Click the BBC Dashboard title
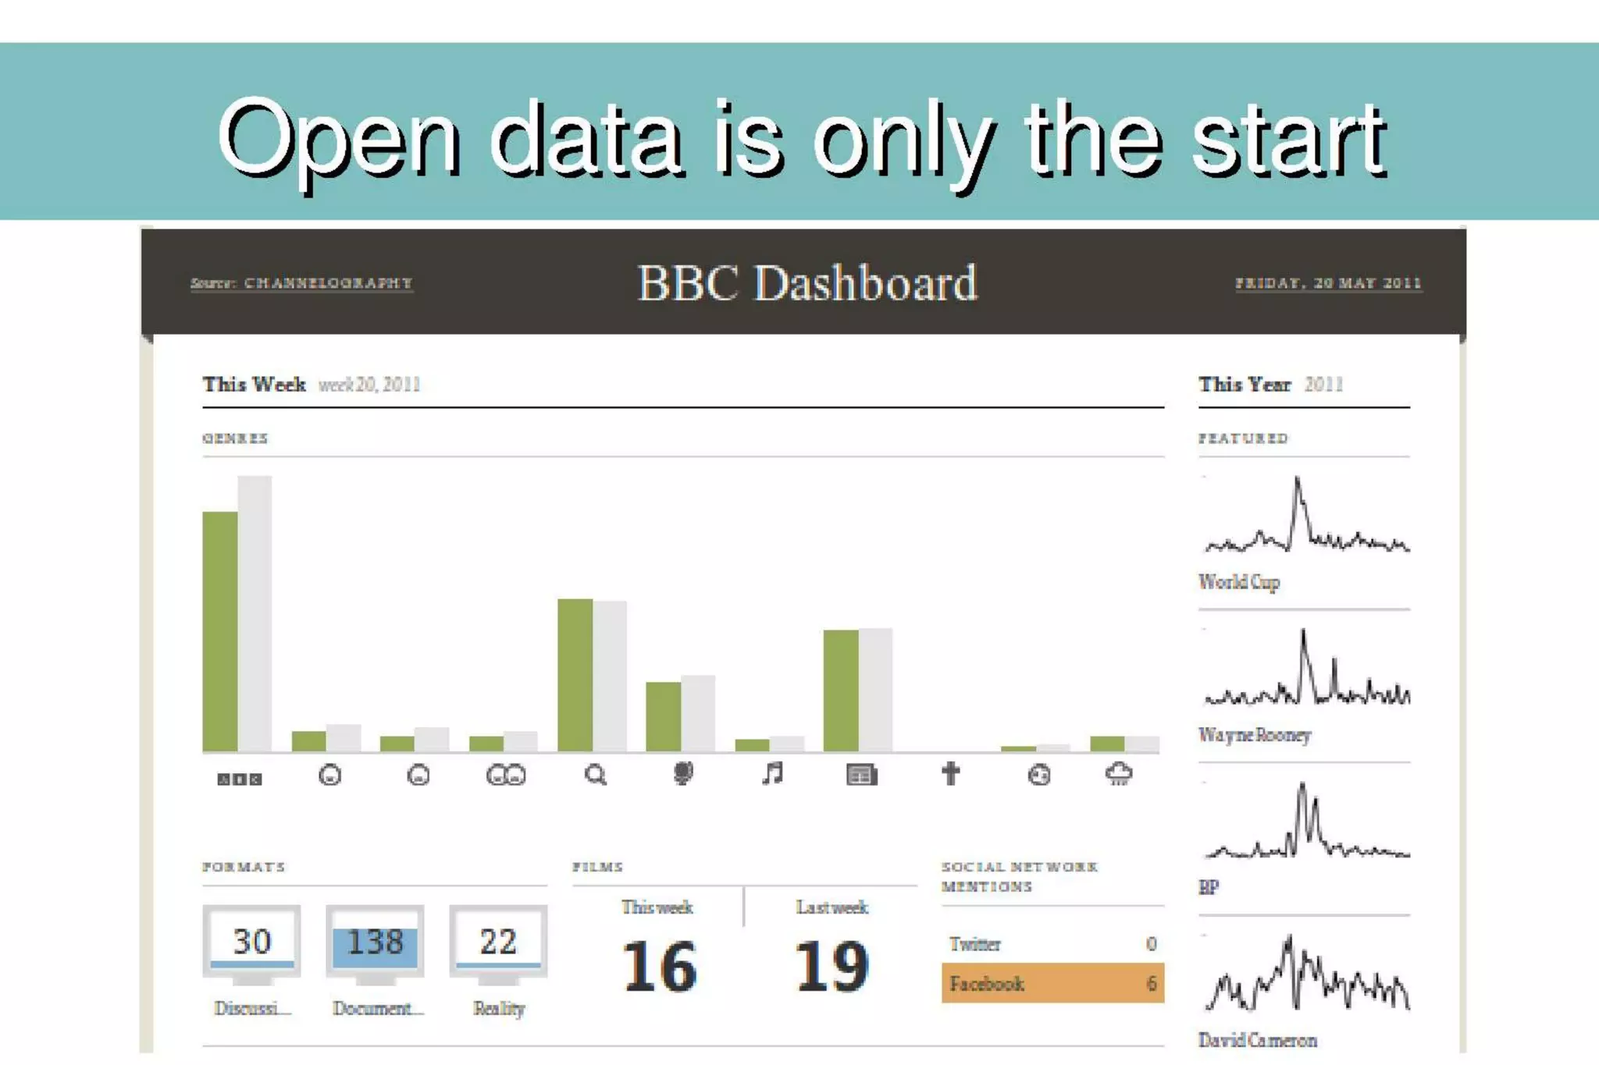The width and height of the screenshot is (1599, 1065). (807, 282)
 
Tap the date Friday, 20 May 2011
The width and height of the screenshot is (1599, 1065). (1327, 283)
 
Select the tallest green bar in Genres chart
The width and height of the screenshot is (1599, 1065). (219, 631)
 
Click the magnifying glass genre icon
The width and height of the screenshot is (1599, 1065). (595, 775)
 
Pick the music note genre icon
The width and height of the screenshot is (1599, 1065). (772, 774)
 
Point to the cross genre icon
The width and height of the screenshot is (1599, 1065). (950, 774)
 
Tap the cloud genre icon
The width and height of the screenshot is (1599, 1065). (1119, 774)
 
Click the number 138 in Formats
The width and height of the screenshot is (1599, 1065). (375, 943)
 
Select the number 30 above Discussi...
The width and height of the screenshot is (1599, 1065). (251, 942)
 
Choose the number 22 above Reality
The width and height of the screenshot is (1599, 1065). (498, 942)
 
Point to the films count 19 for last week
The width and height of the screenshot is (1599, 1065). (832, 967)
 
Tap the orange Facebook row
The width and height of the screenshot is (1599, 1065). (1052, 983)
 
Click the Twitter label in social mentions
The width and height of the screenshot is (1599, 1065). (975, 944)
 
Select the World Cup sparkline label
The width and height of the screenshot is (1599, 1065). (1239, 582)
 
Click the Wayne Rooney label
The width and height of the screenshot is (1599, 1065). (1254, 735)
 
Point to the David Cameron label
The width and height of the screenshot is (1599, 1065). (1257, 1040)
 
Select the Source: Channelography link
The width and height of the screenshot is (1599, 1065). (301, 283)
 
